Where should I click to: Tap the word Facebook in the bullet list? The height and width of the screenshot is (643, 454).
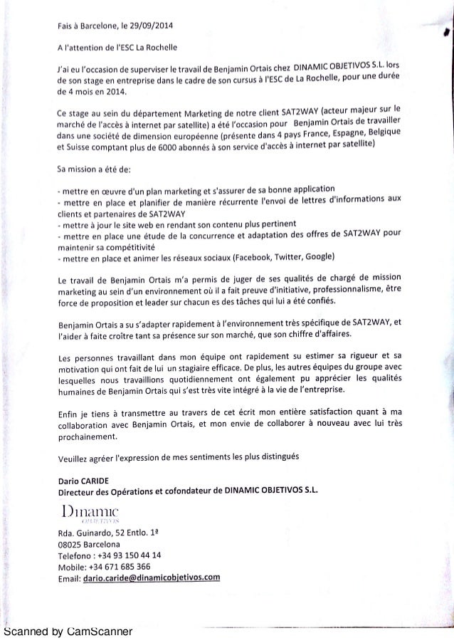pos(244,257)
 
